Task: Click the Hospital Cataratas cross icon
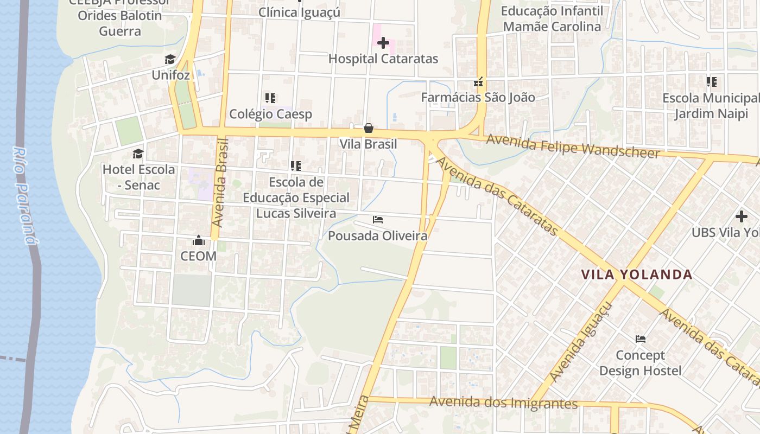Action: coord(383,43)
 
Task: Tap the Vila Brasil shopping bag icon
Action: coord(369,128)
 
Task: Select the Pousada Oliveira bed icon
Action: coord(378,220)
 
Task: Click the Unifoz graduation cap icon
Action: coord(170,59)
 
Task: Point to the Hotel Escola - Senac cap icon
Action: coord(138,154)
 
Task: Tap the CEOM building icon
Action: coord(199,240)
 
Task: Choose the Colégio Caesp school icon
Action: coord(270,98)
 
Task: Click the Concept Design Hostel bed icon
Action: coord(641,339)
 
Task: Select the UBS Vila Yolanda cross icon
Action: coord(742,216)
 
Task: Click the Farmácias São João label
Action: coord(478,98)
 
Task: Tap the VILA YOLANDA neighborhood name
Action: coord(637,275)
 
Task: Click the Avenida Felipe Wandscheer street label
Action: coord(573,146)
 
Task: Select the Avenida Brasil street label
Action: coord(220,183)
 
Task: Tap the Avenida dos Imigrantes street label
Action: coord(503,403)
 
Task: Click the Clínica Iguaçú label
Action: coord(299,12)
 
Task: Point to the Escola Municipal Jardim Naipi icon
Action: coord(712,82)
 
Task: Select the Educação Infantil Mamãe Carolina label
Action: coord(552,18)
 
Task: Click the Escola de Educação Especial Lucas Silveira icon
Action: coord(296,166)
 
